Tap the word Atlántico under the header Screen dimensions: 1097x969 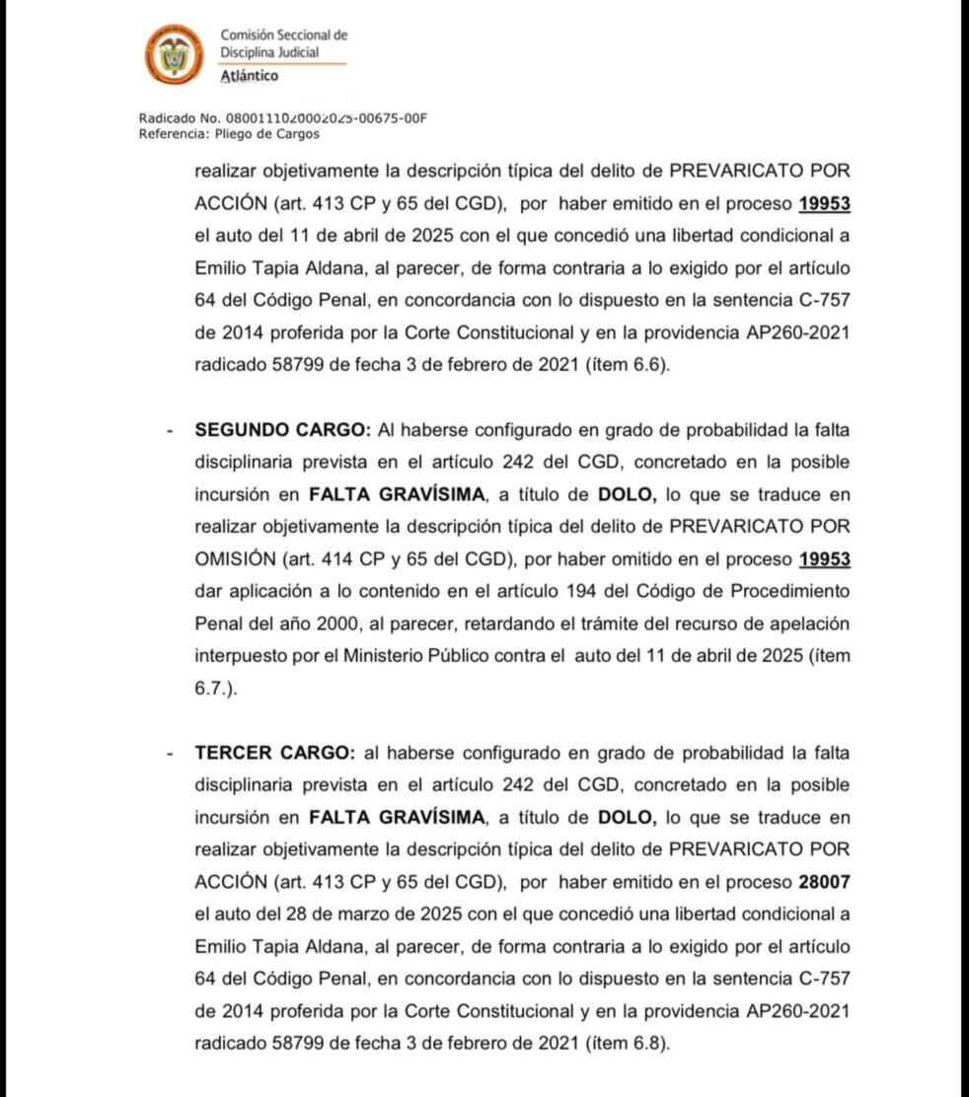[250, 76]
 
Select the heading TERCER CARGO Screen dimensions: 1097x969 [274, 753]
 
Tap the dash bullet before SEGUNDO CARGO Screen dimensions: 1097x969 [171, 431]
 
